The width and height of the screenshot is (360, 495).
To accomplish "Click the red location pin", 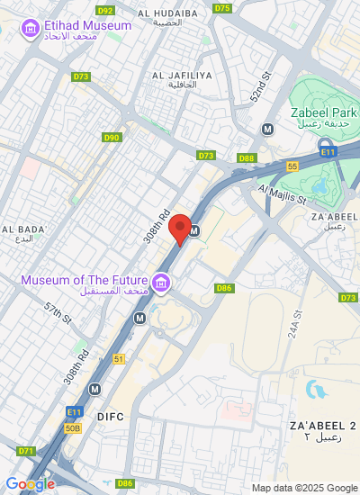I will point(180,229).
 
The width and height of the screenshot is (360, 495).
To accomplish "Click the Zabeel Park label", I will point(319,112).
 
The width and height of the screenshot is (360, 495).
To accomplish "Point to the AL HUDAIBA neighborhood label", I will point(168,13).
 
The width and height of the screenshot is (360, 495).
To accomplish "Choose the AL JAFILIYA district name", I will point(182,75).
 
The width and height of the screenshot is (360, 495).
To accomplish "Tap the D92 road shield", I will point(105,10).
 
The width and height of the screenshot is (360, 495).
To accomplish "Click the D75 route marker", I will point(222,8).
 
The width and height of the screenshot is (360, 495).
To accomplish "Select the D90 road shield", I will point(111,138).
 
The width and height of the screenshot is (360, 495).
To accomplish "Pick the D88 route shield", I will point(247,158).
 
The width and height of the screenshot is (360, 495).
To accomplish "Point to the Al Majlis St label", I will point(282,189).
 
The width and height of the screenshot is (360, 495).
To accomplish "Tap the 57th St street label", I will point(58,313).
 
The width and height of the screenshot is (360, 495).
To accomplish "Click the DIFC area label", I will point(110,417).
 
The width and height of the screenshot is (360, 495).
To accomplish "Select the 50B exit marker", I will point(73,427).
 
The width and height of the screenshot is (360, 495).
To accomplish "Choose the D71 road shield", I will point(25,451).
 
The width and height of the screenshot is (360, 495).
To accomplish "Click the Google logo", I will point(30,484).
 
